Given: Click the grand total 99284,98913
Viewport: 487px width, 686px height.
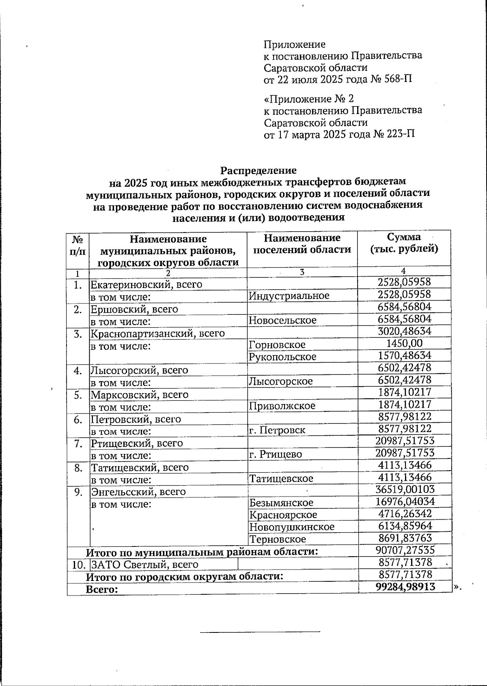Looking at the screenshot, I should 405,587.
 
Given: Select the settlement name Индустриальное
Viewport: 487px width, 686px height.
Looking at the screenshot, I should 289,296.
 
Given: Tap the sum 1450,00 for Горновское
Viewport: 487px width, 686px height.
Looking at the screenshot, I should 404,344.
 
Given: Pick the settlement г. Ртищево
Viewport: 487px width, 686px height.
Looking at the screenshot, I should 276,454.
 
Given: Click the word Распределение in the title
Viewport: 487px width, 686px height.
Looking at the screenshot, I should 258,171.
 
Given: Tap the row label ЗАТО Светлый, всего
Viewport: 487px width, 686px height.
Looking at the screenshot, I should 144,565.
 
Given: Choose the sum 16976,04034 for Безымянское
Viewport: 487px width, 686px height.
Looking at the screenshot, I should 405,502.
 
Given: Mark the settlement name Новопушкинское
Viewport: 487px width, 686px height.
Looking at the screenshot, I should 292,527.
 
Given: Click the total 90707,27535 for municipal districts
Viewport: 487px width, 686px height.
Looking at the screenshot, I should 405,551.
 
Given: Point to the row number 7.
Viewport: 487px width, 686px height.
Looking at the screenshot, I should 78,443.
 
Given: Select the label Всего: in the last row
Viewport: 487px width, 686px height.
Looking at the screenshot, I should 102,589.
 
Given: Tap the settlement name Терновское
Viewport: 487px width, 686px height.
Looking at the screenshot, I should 278,540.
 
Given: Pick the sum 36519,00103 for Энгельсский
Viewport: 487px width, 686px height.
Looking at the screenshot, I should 405,490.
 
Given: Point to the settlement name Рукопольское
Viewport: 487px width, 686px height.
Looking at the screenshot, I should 282,357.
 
